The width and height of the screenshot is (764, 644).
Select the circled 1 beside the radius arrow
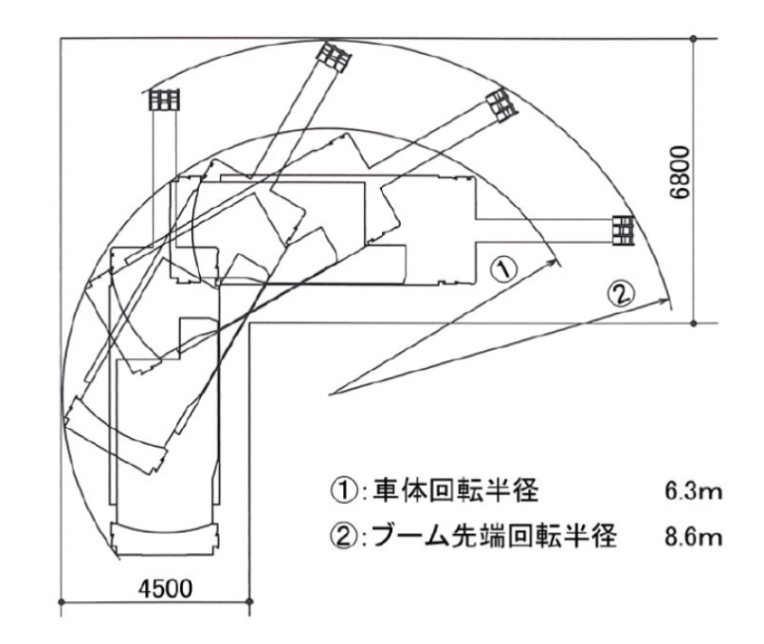coord(504,267)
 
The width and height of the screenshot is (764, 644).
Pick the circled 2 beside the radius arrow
coord(620,294)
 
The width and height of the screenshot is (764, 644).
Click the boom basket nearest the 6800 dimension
coord(623,230)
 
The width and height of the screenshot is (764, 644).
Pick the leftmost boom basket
coord(162,100)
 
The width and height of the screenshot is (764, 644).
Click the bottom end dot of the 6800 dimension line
coord(694,322)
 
